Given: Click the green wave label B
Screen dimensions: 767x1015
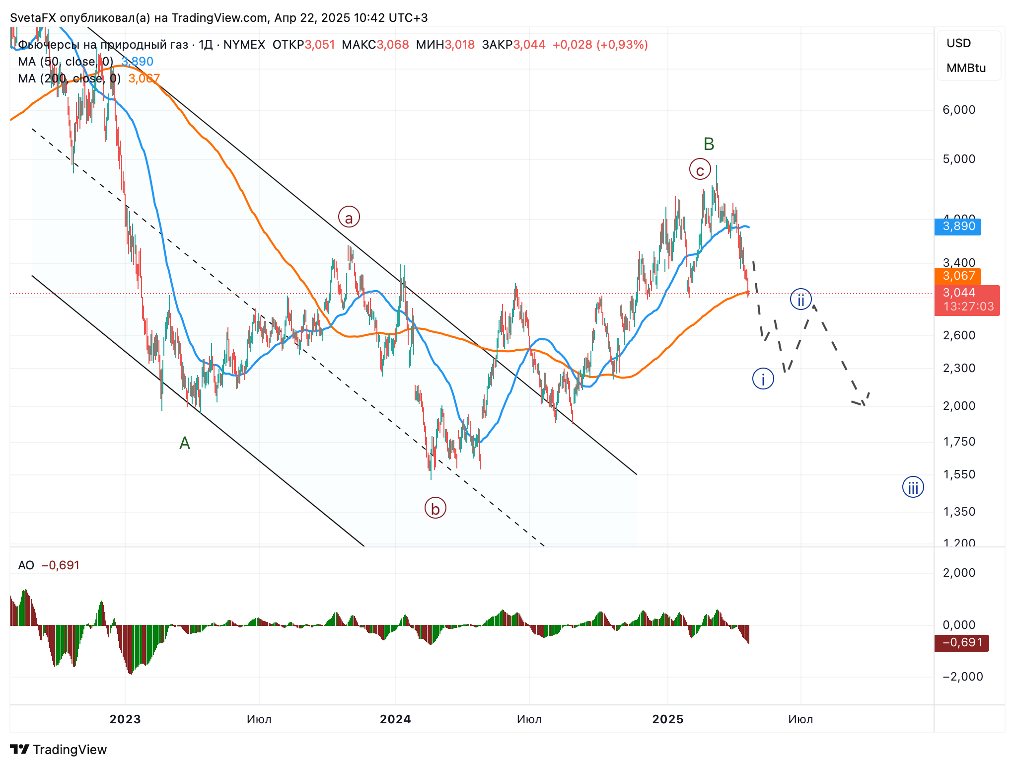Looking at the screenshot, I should pyautogui.click(x=709, y=144).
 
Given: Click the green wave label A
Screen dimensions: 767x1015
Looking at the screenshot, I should pyautogui.click(x=185, y=443).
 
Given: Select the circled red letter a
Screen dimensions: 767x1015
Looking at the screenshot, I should pyautogui.click(x=349, y=217).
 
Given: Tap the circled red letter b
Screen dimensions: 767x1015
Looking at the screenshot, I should pyautogui.click(x=435, y=508).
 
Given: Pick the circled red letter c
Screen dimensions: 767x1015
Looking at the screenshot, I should pyautogui.click(x=700, y=170).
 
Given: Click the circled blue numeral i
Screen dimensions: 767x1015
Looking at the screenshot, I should pyautogui.click(x=763, y=379).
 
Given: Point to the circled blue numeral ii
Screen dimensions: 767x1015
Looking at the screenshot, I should pyautogui.click(x=800, y=300).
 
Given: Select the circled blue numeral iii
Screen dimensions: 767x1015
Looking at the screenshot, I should pyautogui.click(x=913, y=487).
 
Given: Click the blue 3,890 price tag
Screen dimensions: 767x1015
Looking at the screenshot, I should pyautogui.click(x=958, y=227).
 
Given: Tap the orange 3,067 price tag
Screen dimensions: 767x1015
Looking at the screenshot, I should pyautogui.click(x=958, y=276).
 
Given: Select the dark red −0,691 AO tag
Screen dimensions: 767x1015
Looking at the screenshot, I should pyautogui.click(x=962, y=643).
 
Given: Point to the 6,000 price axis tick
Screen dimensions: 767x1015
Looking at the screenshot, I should pyautogui.click(x=959, y=110).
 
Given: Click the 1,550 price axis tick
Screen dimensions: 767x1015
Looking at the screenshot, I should pyautogui.click(x=959, y=474).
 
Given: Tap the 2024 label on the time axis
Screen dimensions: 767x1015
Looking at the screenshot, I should pyautogui.click(x=395, y=719).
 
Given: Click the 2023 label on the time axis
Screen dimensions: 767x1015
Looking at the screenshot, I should pyautogui.click(x=125, y=719).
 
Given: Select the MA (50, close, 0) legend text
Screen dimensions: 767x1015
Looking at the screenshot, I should pyautogui.click(x=66, y=62).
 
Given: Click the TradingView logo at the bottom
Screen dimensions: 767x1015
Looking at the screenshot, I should pyautogui.click(x=59, y=750).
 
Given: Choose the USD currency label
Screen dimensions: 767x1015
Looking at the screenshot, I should pyautogui.click(x=958, y=43).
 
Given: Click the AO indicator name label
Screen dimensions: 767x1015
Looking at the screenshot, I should pyautogui.click(x=26, y=565).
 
